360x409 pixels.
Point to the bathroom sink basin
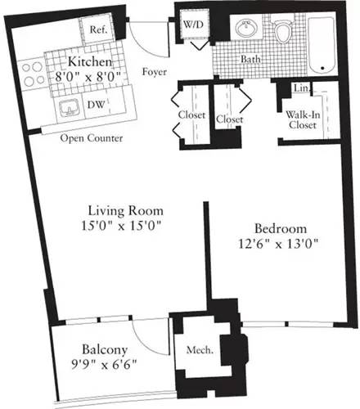point(244,29)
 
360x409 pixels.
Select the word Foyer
point(155,71)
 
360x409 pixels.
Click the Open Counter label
point(92,138)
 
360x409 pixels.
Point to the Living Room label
point(123,209)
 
